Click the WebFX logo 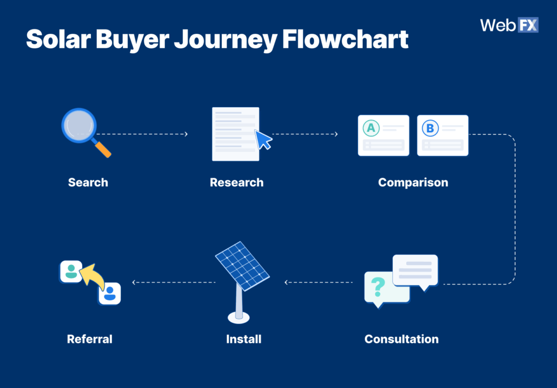(x=509, y=26)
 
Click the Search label (x=88, y=182)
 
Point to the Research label (x=237, y=182)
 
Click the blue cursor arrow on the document (x=264, y=140)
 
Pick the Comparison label (x=413, y=182)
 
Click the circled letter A (x=371, y=128)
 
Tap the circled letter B (x=430, y=128)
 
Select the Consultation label (x=401, y=339)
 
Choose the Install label (x=244, y=339)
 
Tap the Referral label (x=90, y=339)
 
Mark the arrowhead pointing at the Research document (x=186, y=134)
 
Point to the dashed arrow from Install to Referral (x=174, y=282)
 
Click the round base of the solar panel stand (x=239, y=317)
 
